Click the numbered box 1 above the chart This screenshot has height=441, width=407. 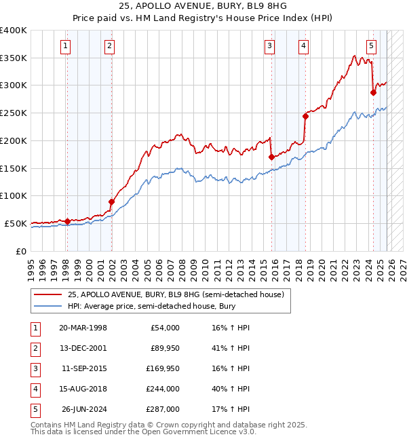(x=65, y=46)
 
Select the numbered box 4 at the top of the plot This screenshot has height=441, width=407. (x=303, y=46)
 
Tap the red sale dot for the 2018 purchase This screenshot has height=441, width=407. (x=305, y=116)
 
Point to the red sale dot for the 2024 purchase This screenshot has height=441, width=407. (x=373, y=92)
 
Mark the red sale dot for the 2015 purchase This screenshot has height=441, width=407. (x=271, y=157)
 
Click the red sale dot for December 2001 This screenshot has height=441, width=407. (x=111, y=201)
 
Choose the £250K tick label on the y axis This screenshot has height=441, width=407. (x=14, y=113)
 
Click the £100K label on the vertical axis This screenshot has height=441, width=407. (x=14, y=196)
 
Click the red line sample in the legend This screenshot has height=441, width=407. (x=48, y=294)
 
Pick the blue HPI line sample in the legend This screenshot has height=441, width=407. (x=48, y=306)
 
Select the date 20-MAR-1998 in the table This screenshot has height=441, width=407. (x=83, y=328)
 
